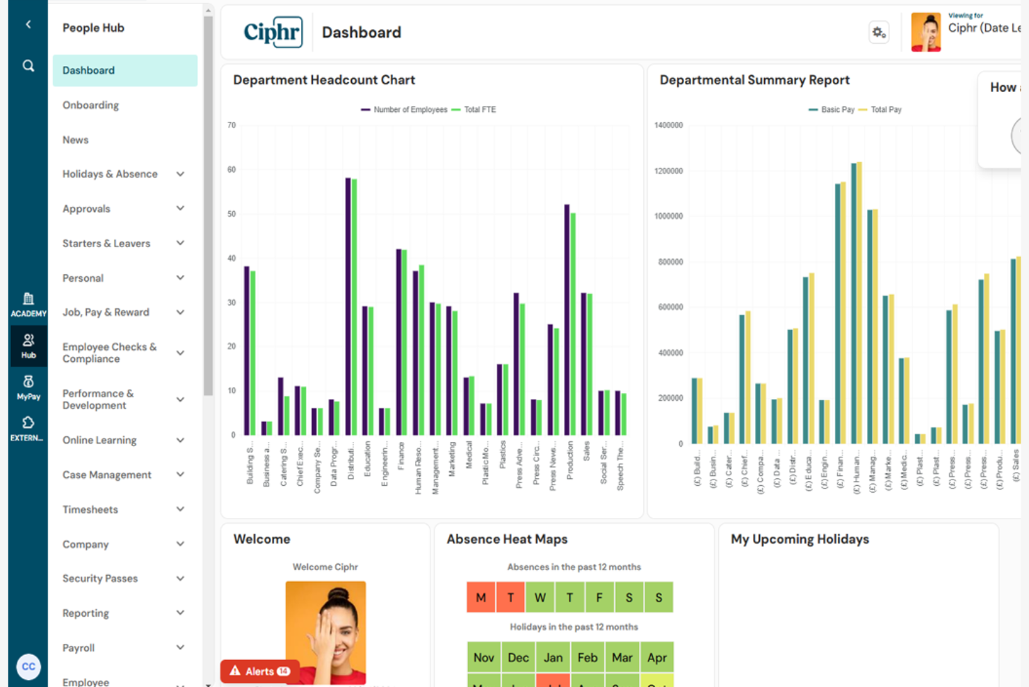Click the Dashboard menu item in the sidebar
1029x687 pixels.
[89, 70]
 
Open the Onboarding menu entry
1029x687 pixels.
[90, 105]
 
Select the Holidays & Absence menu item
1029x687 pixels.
[110, 174]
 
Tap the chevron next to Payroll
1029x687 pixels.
[180, 647]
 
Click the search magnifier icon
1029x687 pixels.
[29, 65]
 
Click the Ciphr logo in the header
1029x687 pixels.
[273, 32]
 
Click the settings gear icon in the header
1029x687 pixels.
[879, 33]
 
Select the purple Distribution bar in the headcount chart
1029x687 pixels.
[348, 306]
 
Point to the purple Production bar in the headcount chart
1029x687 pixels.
[567, 320]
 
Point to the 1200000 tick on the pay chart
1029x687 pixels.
[668, 171]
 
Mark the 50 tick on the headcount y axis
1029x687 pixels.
[232, 214]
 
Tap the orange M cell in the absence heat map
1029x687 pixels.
[481, 597]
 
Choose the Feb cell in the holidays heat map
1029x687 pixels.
[588, 657]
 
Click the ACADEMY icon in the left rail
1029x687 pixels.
[28, 304]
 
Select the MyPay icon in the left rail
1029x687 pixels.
[28, 387]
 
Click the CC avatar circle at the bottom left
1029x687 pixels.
[29, 666]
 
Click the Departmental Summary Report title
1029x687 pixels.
[754, 80]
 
